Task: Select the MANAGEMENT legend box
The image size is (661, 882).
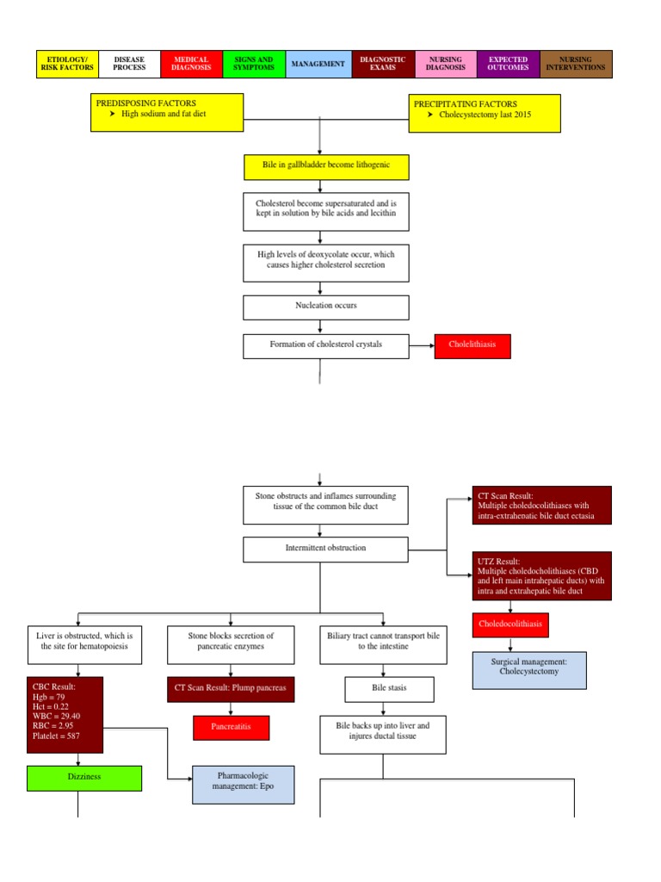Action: coord(318,64)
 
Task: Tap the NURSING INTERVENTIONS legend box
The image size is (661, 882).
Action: coord(576,64)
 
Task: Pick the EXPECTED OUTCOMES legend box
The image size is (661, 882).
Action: coord(508,64)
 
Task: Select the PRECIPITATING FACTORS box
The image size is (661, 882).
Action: coord(485,113)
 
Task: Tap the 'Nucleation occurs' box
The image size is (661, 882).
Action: coord(320,306)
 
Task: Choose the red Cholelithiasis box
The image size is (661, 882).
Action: coord(473,346)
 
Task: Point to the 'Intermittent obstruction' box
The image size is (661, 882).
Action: coord(320,548)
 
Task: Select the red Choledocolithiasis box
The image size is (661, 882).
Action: coord(510,623)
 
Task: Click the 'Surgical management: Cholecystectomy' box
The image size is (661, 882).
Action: coord(528,670)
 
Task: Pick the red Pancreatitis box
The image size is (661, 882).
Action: coord(231,727)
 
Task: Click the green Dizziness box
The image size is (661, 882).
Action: coord(83,777)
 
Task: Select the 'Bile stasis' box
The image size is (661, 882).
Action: coord(389,689)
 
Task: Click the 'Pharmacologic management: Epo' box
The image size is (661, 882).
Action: coord(242,785)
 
